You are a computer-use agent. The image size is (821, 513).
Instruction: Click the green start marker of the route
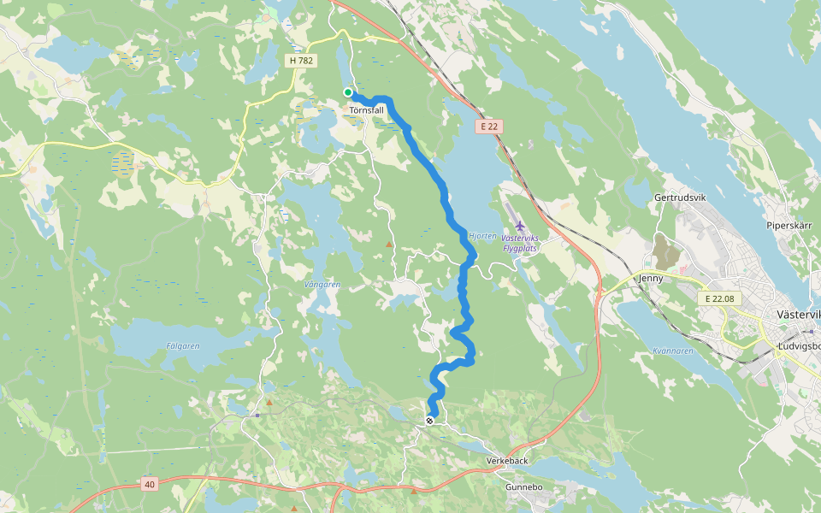(x=348, y=92)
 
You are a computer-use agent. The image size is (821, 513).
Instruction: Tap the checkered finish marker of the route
(x=429, y=420)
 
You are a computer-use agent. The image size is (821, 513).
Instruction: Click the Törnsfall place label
(x=366, y=110)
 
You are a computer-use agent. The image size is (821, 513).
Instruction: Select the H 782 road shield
(x=301, y=61)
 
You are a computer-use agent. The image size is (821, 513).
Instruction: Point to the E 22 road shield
(x=488, y=127)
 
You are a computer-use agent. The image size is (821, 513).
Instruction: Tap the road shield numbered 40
(x=151, y=485)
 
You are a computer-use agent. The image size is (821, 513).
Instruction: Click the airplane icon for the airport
(x=519, y=226)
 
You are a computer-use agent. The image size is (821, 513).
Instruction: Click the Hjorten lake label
(x=482, y=235)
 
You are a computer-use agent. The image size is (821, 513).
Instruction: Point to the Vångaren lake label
(x=322, y=284)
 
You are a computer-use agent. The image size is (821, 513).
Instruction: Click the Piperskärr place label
(x=789, y=226)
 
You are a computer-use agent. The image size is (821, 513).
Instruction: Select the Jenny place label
(x=651, y=278)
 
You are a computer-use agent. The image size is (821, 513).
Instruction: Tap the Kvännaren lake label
(x=672, y=351)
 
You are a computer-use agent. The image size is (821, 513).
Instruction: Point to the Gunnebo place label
(x=524, y=486)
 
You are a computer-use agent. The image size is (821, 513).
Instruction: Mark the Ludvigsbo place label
(x=799, y=345)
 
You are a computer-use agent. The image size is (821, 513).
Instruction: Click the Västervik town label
(x=799, y=314)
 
